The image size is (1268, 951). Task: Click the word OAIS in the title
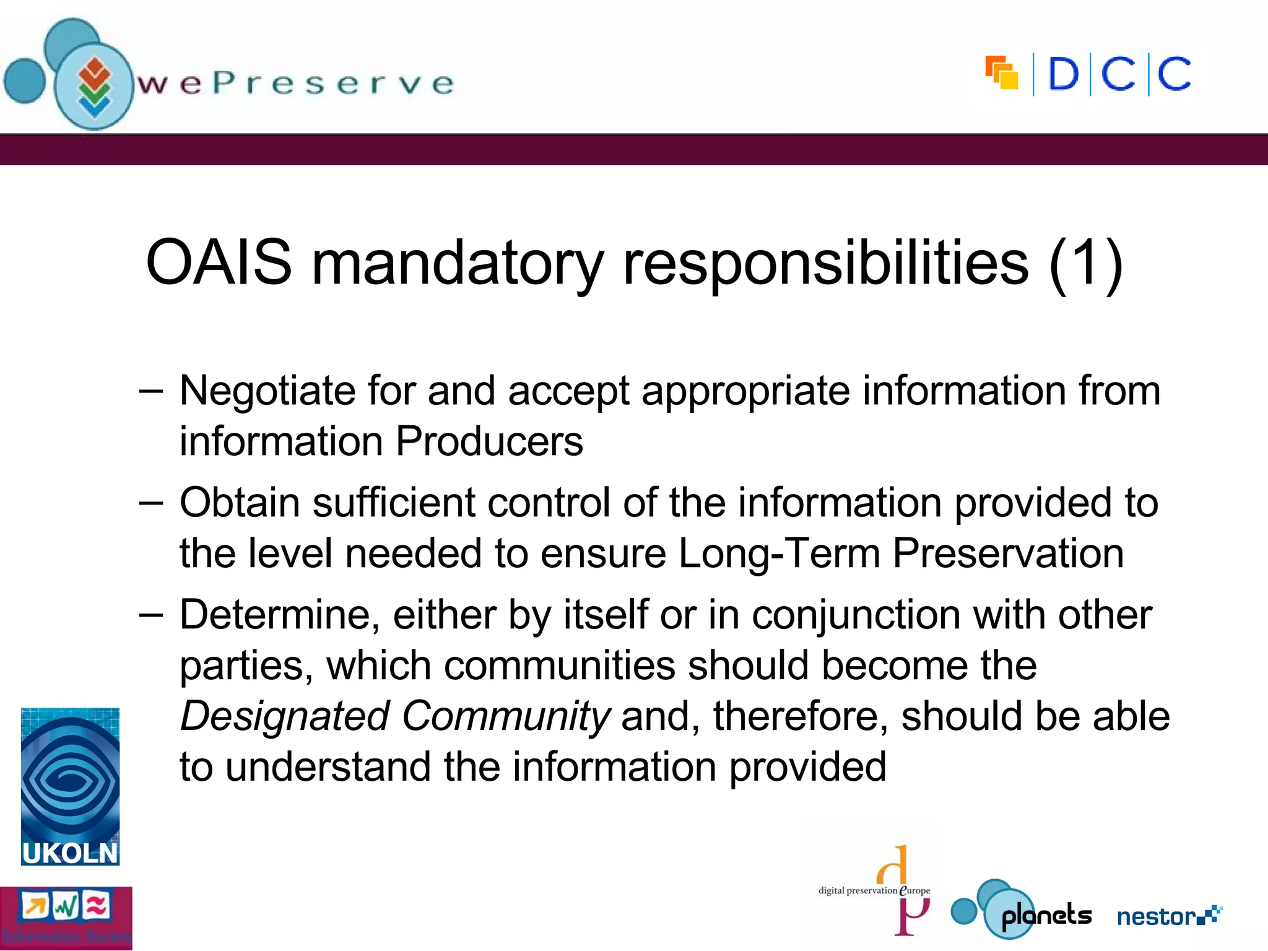[219, 263]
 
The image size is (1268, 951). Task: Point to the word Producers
[489, 441]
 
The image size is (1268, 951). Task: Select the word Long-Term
[779, 553]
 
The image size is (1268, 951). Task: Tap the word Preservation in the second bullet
[1008, 553]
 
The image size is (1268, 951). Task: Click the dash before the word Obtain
[151, 502]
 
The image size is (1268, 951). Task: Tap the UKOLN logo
[70, 786]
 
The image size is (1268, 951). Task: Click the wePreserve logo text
[296, 84]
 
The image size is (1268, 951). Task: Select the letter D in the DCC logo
[1063, 75]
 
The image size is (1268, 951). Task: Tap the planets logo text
[1046, 916]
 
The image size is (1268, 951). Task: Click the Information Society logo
[66, 918]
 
